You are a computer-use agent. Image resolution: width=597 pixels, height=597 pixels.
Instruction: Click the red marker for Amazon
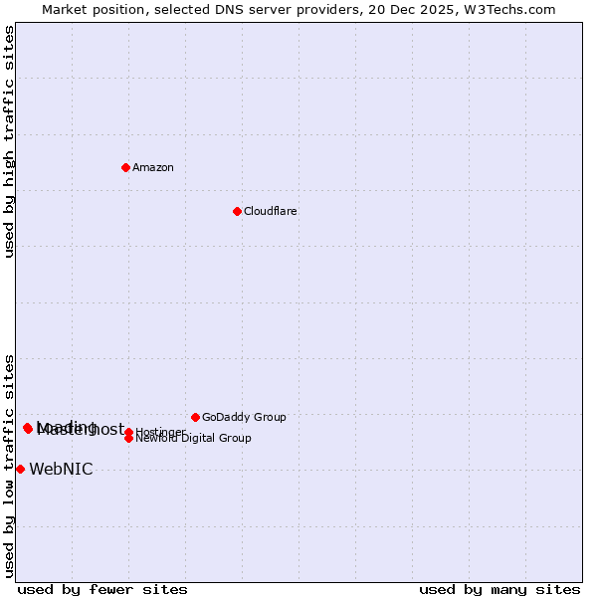pos(125,167)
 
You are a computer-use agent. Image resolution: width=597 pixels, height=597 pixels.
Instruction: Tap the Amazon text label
pos(153,167)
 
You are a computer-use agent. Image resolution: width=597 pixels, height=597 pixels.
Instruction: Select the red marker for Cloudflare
pos(237,211)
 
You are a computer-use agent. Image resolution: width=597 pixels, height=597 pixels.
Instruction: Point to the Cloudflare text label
pos(270,211)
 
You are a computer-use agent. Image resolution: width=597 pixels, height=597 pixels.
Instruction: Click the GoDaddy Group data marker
pos(195,417)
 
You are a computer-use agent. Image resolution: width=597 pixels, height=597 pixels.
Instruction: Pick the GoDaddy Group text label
pos(244,417)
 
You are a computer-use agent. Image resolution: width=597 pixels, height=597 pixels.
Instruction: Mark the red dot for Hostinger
pos(128,432)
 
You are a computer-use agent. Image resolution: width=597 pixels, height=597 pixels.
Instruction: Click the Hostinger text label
pos(160,432)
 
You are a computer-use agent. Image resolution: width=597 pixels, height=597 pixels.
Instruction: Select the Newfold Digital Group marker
pos(128,439)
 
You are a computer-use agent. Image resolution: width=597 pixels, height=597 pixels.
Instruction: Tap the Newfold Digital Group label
pos(194,439)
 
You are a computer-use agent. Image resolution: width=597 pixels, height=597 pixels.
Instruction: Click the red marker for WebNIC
pos(20,469)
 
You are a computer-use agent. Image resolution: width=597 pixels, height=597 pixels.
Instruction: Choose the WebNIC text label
pos(61,470)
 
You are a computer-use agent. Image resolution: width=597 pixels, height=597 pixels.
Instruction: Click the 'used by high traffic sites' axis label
pos(9,141)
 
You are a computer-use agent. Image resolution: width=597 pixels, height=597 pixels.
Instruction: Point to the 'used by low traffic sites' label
pos(9,465)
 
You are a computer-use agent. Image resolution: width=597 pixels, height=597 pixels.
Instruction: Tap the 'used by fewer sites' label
pos(102,589)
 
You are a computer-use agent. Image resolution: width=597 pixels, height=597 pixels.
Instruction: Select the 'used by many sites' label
pos(499,589)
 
